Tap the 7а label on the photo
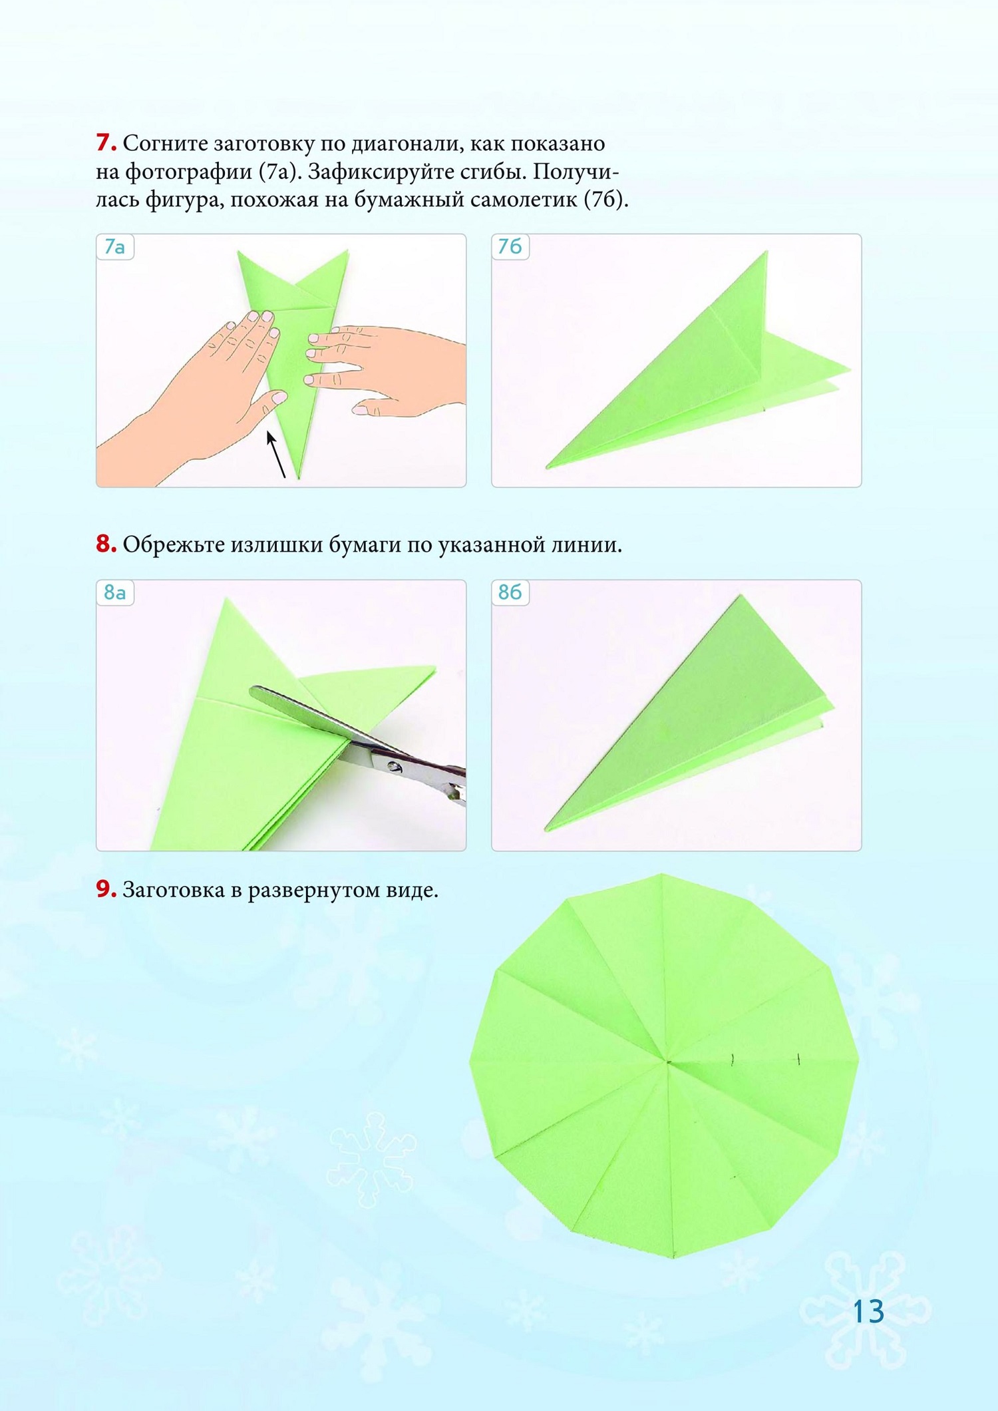(115, 247)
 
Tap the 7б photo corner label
(510, 247)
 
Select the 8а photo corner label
(115, 592)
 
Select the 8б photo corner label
(510, 592)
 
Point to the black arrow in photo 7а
(277, 455)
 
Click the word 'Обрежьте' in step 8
(174, 544)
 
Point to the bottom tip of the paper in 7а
(298, 478)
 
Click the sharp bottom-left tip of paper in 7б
(547, 466)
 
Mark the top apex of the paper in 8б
(739, 596)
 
